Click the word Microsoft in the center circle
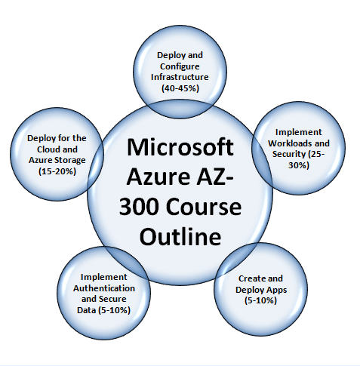click(180, 147)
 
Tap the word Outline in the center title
click(180, 236)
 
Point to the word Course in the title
click(203, 207)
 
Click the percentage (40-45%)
click(180, 88)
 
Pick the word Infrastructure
click(180, 77)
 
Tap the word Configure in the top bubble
click(180, 66)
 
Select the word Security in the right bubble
click(288, 154)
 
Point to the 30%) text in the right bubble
click(299, 165)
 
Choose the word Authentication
click(104, 288)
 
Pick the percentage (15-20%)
click(57, 171)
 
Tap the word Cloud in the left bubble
click(48, 149)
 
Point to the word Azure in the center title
click(158, 177)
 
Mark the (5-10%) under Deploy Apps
click(260, 300)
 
